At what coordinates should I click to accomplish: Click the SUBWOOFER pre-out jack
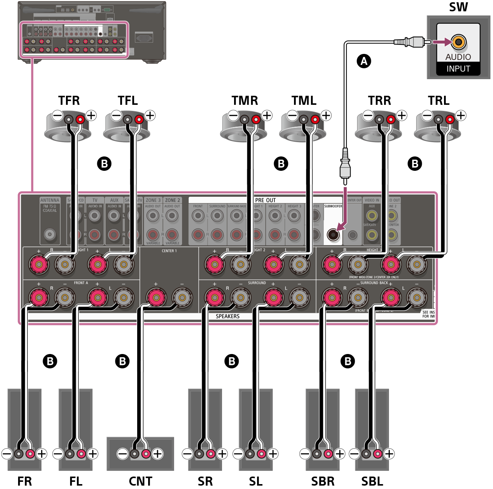click(333, 235)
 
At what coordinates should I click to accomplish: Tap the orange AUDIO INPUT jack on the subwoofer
click(458, 42)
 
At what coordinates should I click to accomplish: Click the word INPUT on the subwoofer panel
click(458, 69)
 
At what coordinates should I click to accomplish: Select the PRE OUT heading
click(265, 200)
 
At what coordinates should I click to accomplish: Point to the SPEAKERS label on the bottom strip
click(227, 316)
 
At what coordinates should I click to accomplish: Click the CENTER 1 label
click(169, 251)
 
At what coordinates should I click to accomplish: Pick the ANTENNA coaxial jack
click(50, 234)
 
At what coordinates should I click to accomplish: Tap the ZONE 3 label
click(153, 200)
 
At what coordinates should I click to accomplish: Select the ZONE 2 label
click(172, 200)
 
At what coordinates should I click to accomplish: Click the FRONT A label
click(81, 283)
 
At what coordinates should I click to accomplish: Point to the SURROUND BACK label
click(374, 283)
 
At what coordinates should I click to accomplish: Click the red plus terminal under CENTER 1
click(155, 298)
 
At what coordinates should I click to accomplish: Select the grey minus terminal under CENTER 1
click(182, 298)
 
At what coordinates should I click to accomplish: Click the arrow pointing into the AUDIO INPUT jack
click(441, 42)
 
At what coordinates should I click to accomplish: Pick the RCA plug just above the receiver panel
click(345, 166)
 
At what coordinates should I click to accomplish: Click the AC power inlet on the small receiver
click(144, 38)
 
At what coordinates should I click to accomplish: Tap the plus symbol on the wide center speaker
click(158, 454)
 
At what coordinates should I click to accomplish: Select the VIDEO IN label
click(372, 200)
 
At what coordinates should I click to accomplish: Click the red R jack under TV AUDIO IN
click(95, 235)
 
